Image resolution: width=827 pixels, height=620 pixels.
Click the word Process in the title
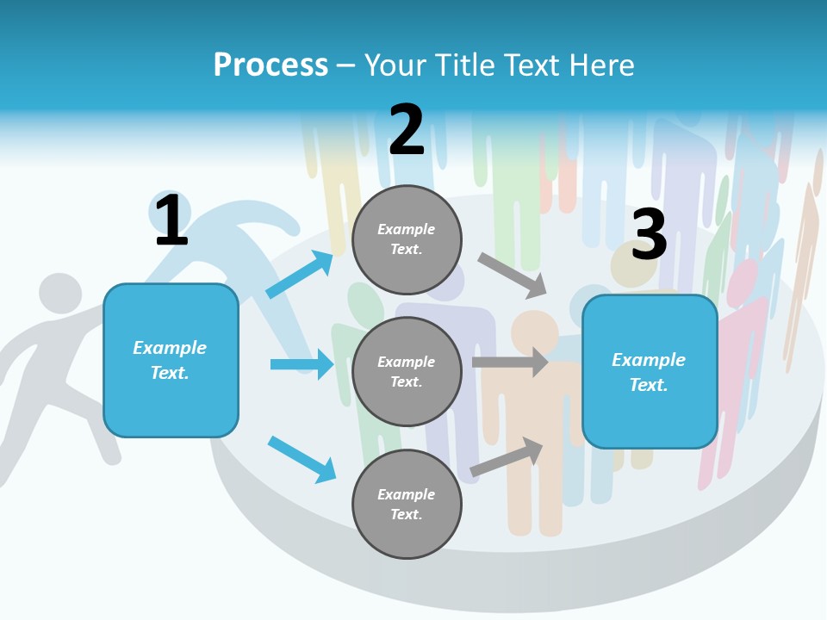pos(270,65)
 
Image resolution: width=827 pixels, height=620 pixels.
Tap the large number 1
pos(171,220)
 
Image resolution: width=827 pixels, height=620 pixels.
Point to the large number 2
pos(407,130)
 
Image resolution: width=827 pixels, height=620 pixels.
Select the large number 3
pos(649,235)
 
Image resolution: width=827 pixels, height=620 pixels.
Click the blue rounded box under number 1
pos(171,360)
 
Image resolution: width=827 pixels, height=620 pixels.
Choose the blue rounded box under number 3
pos(650,372)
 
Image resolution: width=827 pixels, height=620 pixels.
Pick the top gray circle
pos(407,239)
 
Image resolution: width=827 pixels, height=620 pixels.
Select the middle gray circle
pos(407,372)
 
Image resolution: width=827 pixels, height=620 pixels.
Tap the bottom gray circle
pos(407,505)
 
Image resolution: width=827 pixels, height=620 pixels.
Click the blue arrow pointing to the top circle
pos(299,275)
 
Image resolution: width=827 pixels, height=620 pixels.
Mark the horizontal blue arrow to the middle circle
pos(302,364)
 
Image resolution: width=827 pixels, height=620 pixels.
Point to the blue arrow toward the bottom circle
pos(302,459)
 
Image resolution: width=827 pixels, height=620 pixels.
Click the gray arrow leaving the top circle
pos(513,276)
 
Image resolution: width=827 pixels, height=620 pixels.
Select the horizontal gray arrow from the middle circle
pos(510,363)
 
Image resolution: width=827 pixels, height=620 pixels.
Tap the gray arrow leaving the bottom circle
pos(507,457)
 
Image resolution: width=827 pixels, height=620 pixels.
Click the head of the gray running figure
pos(59,294)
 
